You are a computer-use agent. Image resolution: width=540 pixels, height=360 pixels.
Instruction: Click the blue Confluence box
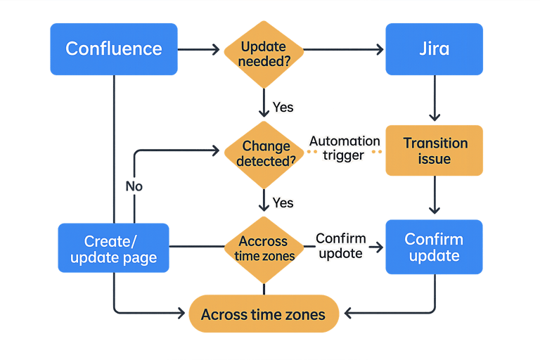[113, 49]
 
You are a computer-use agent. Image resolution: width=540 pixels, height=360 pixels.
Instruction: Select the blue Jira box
[434, 49]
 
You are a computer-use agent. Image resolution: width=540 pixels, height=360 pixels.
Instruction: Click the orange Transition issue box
[434, 150]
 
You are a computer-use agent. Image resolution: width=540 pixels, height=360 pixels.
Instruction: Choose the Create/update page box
[113, 247]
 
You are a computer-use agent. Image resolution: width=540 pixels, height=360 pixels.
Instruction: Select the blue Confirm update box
[434, 247]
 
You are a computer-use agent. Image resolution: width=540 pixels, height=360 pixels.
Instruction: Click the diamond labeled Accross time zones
[264, 247]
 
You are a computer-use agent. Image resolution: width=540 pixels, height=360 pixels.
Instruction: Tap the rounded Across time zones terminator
[263, 314]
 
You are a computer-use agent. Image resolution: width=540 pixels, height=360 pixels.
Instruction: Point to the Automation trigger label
[345, 148]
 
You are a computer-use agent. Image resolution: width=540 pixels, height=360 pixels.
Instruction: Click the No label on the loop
[134, 186]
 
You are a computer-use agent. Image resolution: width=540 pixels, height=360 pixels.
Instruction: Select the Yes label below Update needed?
[283, 108]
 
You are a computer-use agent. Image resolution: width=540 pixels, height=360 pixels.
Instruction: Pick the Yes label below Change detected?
[283, 202]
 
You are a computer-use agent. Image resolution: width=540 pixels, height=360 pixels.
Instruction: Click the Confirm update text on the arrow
[340, 245]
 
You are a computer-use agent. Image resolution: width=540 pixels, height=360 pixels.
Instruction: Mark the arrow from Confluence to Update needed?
[200, 49]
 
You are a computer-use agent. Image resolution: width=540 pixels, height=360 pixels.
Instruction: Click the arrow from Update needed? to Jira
[345, 49]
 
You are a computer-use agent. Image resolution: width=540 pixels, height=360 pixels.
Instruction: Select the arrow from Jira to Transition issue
[435, 98]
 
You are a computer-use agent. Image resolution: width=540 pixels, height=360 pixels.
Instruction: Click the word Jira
[434, 49]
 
